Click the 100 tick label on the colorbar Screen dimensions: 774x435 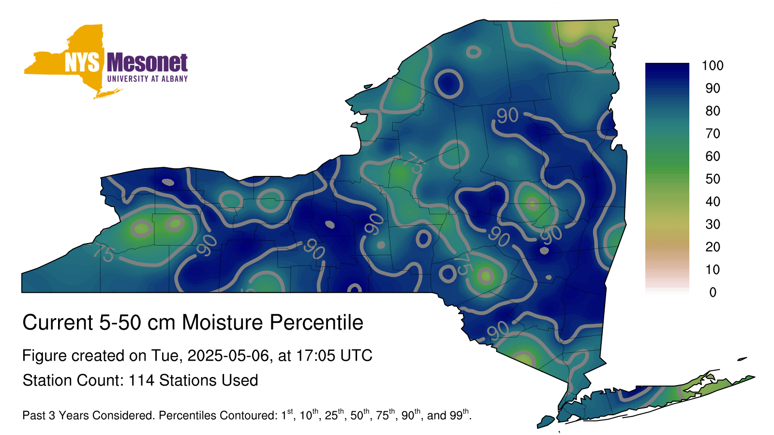(713, 66)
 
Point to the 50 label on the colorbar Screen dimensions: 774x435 (713, 179)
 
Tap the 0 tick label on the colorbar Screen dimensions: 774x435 (713, 292)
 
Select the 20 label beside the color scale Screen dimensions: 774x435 (713, 247)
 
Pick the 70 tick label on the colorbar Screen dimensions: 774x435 (713, 133)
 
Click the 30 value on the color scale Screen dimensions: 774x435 (713, 224)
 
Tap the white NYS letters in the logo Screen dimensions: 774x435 (82, 62)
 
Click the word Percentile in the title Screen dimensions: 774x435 (316, 322)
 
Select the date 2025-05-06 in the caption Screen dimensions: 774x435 (228, 356)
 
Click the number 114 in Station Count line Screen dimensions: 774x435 (141, 380)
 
